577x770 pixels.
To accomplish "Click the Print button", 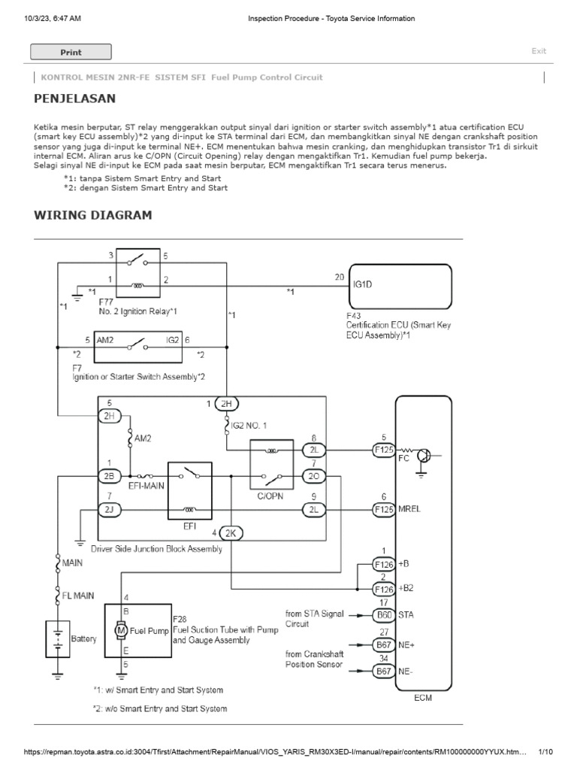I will (71, 52).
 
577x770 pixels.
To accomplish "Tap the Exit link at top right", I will (539, 51).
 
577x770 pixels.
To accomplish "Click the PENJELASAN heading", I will (75, 99).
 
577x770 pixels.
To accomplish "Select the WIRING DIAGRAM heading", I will (93, 216).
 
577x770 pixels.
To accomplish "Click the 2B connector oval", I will (109, 476).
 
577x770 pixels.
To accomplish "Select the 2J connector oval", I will (109, 510).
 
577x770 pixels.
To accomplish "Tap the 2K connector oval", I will (231, 534).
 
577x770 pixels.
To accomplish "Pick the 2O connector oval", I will (313, 476).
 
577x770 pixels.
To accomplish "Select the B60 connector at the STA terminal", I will (384, 614).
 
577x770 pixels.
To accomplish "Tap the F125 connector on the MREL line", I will (384, 510).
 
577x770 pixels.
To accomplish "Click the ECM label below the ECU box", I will (423, 698).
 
